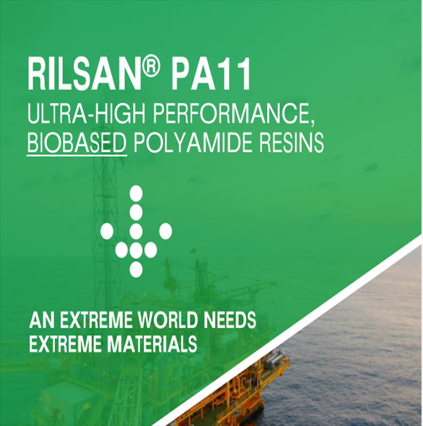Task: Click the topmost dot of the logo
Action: (x=136, y=193)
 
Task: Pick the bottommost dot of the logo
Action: (x=136, y=270)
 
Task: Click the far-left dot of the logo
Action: (x=107, y=231)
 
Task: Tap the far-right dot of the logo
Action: (x=165, y=231)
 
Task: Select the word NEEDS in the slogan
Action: (x=230, y=320)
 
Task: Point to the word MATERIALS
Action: (x=152, y=344)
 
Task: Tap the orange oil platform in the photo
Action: (x=233, y=391)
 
